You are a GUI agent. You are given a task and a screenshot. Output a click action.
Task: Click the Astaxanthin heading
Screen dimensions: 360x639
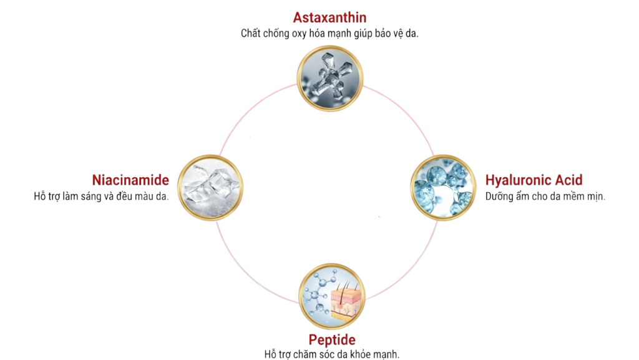click(329, 17)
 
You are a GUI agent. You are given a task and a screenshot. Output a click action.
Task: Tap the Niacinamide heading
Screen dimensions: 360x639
click(130, 181)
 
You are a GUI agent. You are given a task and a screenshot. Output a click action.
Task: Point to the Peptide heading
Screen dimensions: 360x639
click(332, 340)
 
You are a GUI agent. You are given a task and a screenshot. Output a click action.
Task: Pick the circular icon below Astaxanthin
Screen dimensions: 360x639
click(329, 75)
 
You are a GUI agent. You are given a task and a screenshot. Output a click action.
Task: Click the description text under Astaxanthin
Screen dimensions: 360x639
click(329, 34)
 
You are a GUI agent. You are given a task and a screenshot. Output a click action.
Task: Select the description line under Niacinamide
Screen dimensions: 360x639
click(102, 197)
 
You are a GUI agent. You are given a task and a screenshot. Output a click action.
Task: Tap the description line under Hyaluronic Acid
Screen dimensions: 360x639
click(546, 196)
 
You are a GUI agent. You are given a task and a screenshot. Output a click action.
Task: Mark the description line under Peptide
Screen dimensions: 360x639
click(331, 354)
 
